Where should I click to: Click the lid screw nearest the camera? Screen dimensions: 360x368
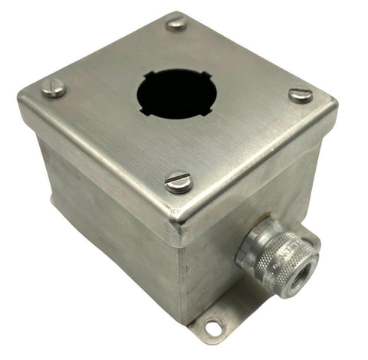click(x=178, y=182)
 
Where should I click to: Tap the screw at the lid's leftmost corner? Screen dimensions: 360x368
click(x=53, y=89)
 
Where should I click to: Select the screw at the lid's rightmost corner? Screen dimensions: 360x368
click(x=301, y=95)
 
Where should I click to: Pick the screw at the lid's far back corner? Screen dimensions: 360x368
click(x=176, y=24)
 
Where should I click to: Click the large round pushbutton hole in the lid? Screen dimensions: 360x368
click(x=176, y=95)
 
